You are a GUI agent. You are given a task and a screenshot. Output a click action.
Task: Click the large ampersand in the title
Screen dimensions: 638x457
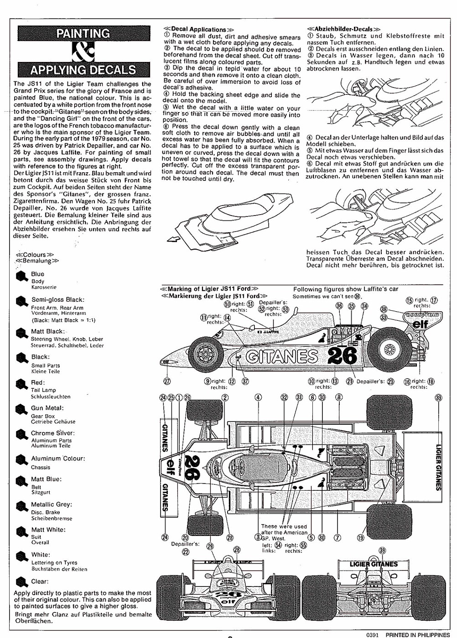point(83,51)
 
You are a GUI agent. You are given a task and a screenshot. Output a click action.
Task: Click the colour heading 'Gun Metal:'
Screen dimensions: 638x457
point(47,408)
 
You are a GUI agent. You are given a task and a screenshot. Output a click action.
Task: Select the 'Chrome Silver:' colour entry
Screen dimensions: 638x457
point(52,433)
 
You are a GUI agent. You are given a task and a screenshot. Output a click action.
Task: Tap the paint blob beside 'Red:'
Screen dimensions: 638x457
point(21,385)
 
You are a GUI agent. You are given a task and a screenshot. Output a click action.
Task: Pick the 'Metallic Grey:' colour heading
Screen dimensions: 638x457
point(51,504)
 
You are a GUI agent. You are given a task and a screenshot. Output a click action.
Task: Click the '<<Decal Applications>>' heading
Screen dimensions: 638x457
point(195,29)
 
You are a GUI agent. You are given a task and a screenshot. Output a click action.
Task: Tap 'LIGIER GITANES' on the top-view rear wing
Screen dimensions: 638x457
point(438,467)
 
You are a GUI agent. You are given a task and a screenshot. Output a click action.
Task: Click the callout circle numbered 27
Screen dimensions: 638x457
point(167,381)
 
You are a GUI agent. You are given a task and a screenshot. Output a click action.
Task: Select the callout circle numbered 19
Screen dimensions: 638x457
point(361,538)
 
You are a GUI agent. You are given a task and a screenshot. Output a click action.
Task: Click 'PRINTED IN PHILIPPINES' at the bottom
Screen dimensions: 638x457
point(417,634)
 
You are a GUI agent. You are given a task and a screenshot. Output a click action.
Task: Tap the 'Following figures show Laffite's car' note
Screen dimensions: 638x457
point(346,289)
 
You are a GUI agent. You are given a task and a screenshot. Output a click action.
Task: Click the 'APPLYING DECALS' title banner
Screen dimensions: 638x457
point(83,70)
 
